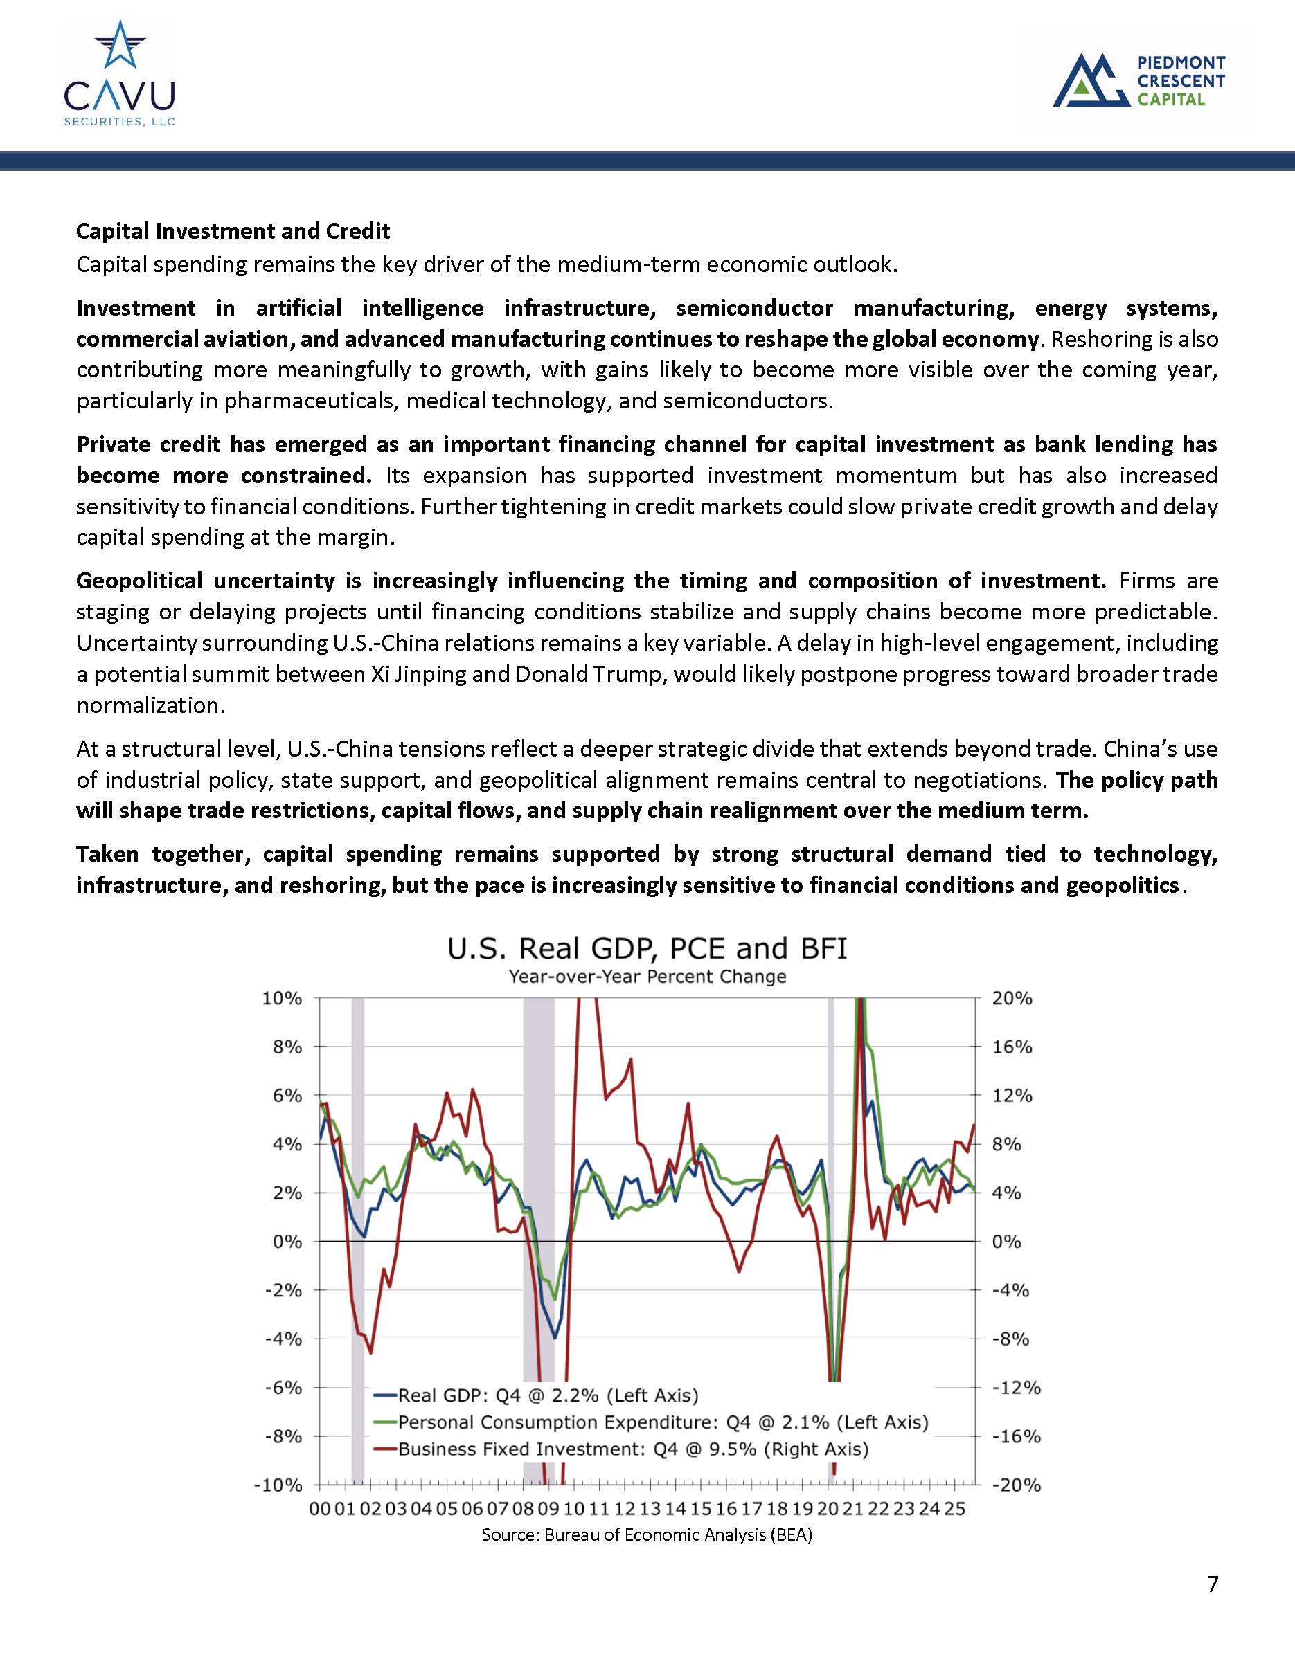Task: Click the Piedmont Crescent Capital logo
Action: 1138,80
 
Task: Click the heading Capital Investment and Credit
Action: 233,231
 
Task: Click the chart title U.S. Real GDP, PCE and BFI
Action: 647,949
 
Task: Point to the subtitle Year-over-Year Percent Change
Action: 647,977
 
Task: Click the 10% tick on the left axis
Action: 283,999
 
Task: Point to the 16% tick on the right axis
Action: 1012,1047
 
